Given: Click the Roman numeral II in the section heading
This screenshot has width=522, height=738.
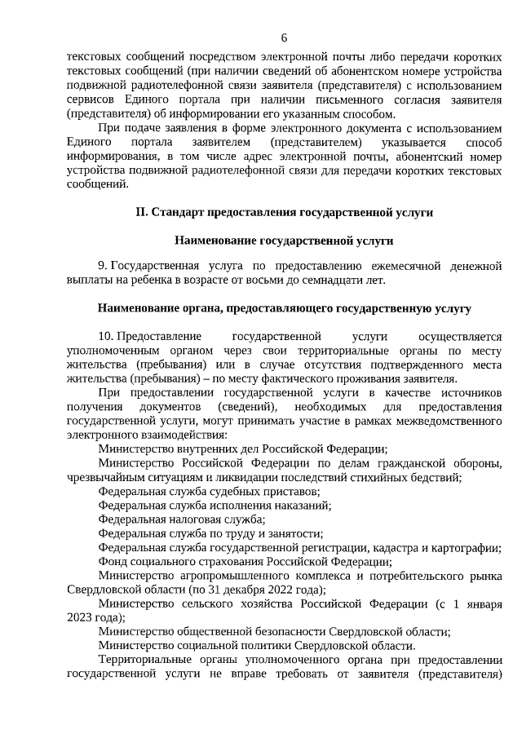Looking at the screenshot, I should coord(141,213).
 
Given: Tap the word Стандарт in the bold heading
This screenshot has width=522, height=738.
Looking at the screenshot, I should coord(179,213).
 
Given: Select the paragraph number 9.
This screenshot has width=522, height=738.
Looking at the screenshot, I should coord(101,266).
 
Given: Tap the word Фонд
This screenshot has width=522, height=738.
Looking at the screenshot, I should coord(112,560).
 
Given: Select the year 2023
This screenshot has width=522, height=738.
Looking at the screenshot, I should coord(80,617).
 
